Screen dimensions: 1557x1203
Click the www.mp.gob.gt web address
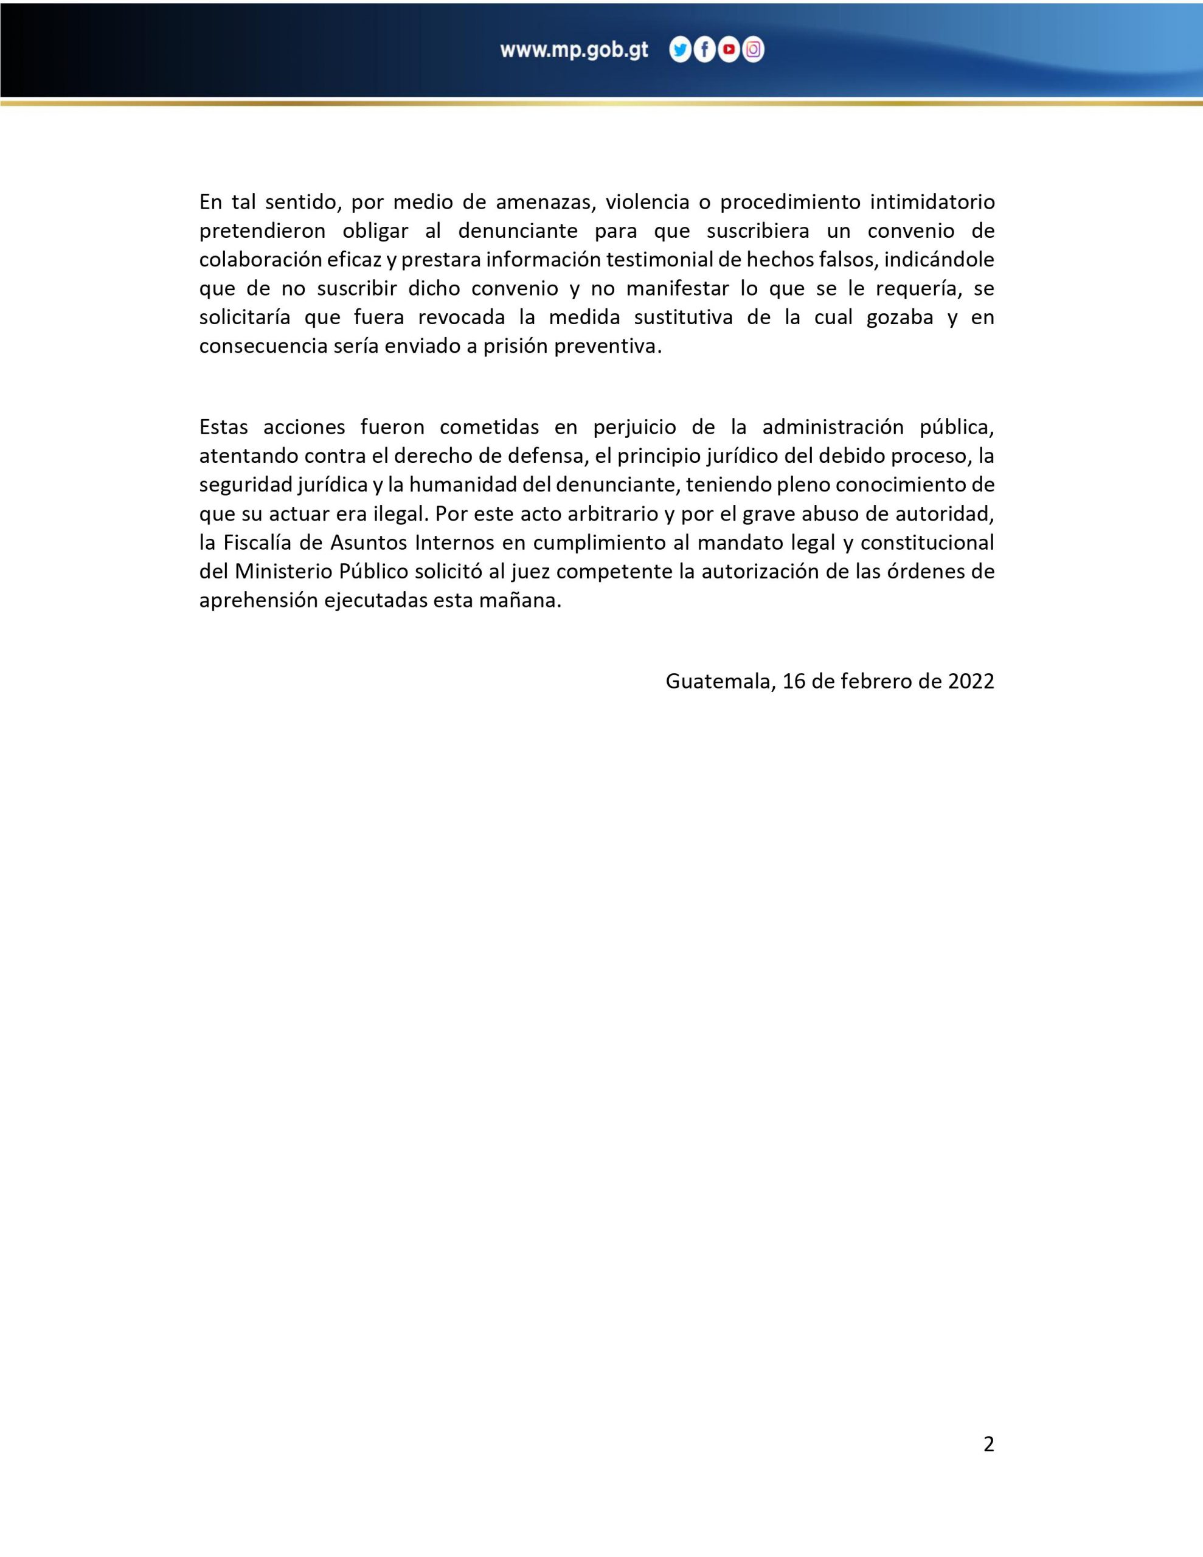[x=574, y=50]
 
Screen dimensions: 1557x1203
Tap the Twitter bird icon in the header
[x=681, y=50]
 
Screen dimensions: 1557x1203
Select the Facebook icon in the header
[x=704, y=50]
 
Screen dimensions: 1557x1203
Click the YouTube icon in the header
[x=729, y=50]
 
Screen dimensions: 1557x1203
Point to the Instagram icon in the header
[x=753, y=50]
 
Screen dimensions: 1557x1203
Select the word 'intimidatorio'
[x=932, y=203]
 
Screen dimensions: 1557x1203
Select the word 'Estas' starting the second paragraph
[x=223, y=427]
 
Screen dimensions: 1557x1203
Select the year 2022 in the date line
[x=971, y=682]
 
